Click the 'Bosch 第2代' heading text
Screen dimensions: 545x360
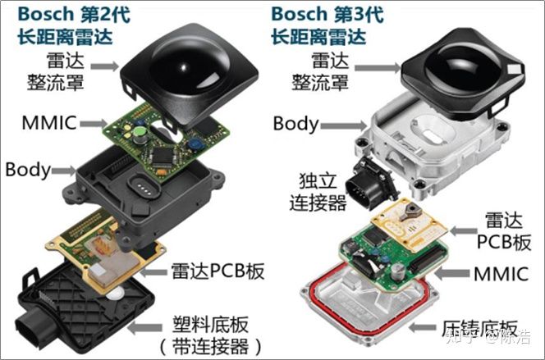(x=74, y=14)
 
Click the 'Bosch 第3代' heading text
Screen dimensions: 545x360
(x=327, y=14)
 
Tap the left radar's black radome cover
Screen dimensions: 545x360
(x=189, y=72)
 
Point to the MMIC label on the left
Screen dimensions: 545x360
(x=49, y=122)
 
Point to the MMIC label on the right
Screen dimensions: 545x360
(x=501, y=274)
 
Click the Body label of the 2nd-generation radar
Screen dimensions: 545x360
(x=28, y=170)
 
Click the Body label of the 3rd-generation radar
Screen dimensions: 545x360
(x=295, y=124)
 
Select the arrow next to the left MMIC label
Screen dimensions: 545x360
(x=94, y=123)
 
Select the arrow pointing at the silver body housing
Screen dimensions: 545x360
(x=343, y=125)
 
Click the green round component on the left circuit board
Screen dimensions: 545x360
(x=140, y=131)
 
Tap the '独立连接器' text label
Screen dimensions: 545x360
(x=318, y=192)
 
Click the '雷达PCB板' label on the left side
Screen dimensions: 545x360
(x=218, y=271)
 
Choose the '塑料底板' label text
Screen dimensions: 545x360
(x=211, y=325)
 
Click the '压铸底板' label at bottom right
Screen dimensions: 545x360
(x=479, y=328)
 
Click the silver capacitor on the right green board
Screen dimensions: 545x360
(x=397, y=271)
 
